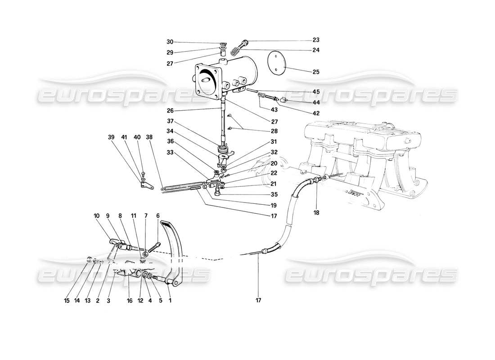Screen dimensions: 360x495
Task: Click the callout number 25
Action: (316, 72)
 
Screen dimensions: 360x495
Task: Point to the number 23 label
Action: (316, 40)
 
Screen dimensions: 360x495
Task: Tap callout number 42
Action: (316, 113)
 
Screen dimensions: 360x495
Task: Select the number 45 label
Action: (316, 92)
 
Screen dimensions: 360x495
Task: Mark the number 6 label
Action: (158, 215)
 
